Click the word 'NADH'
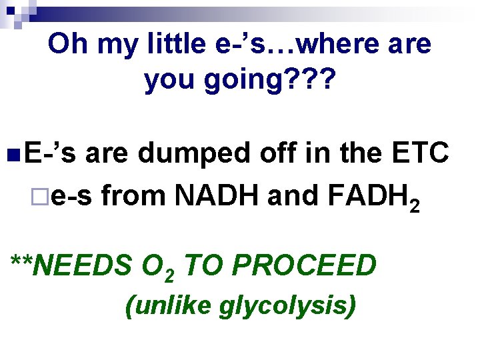click(209, 195)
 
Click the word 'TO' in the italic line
click(204, 265)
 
